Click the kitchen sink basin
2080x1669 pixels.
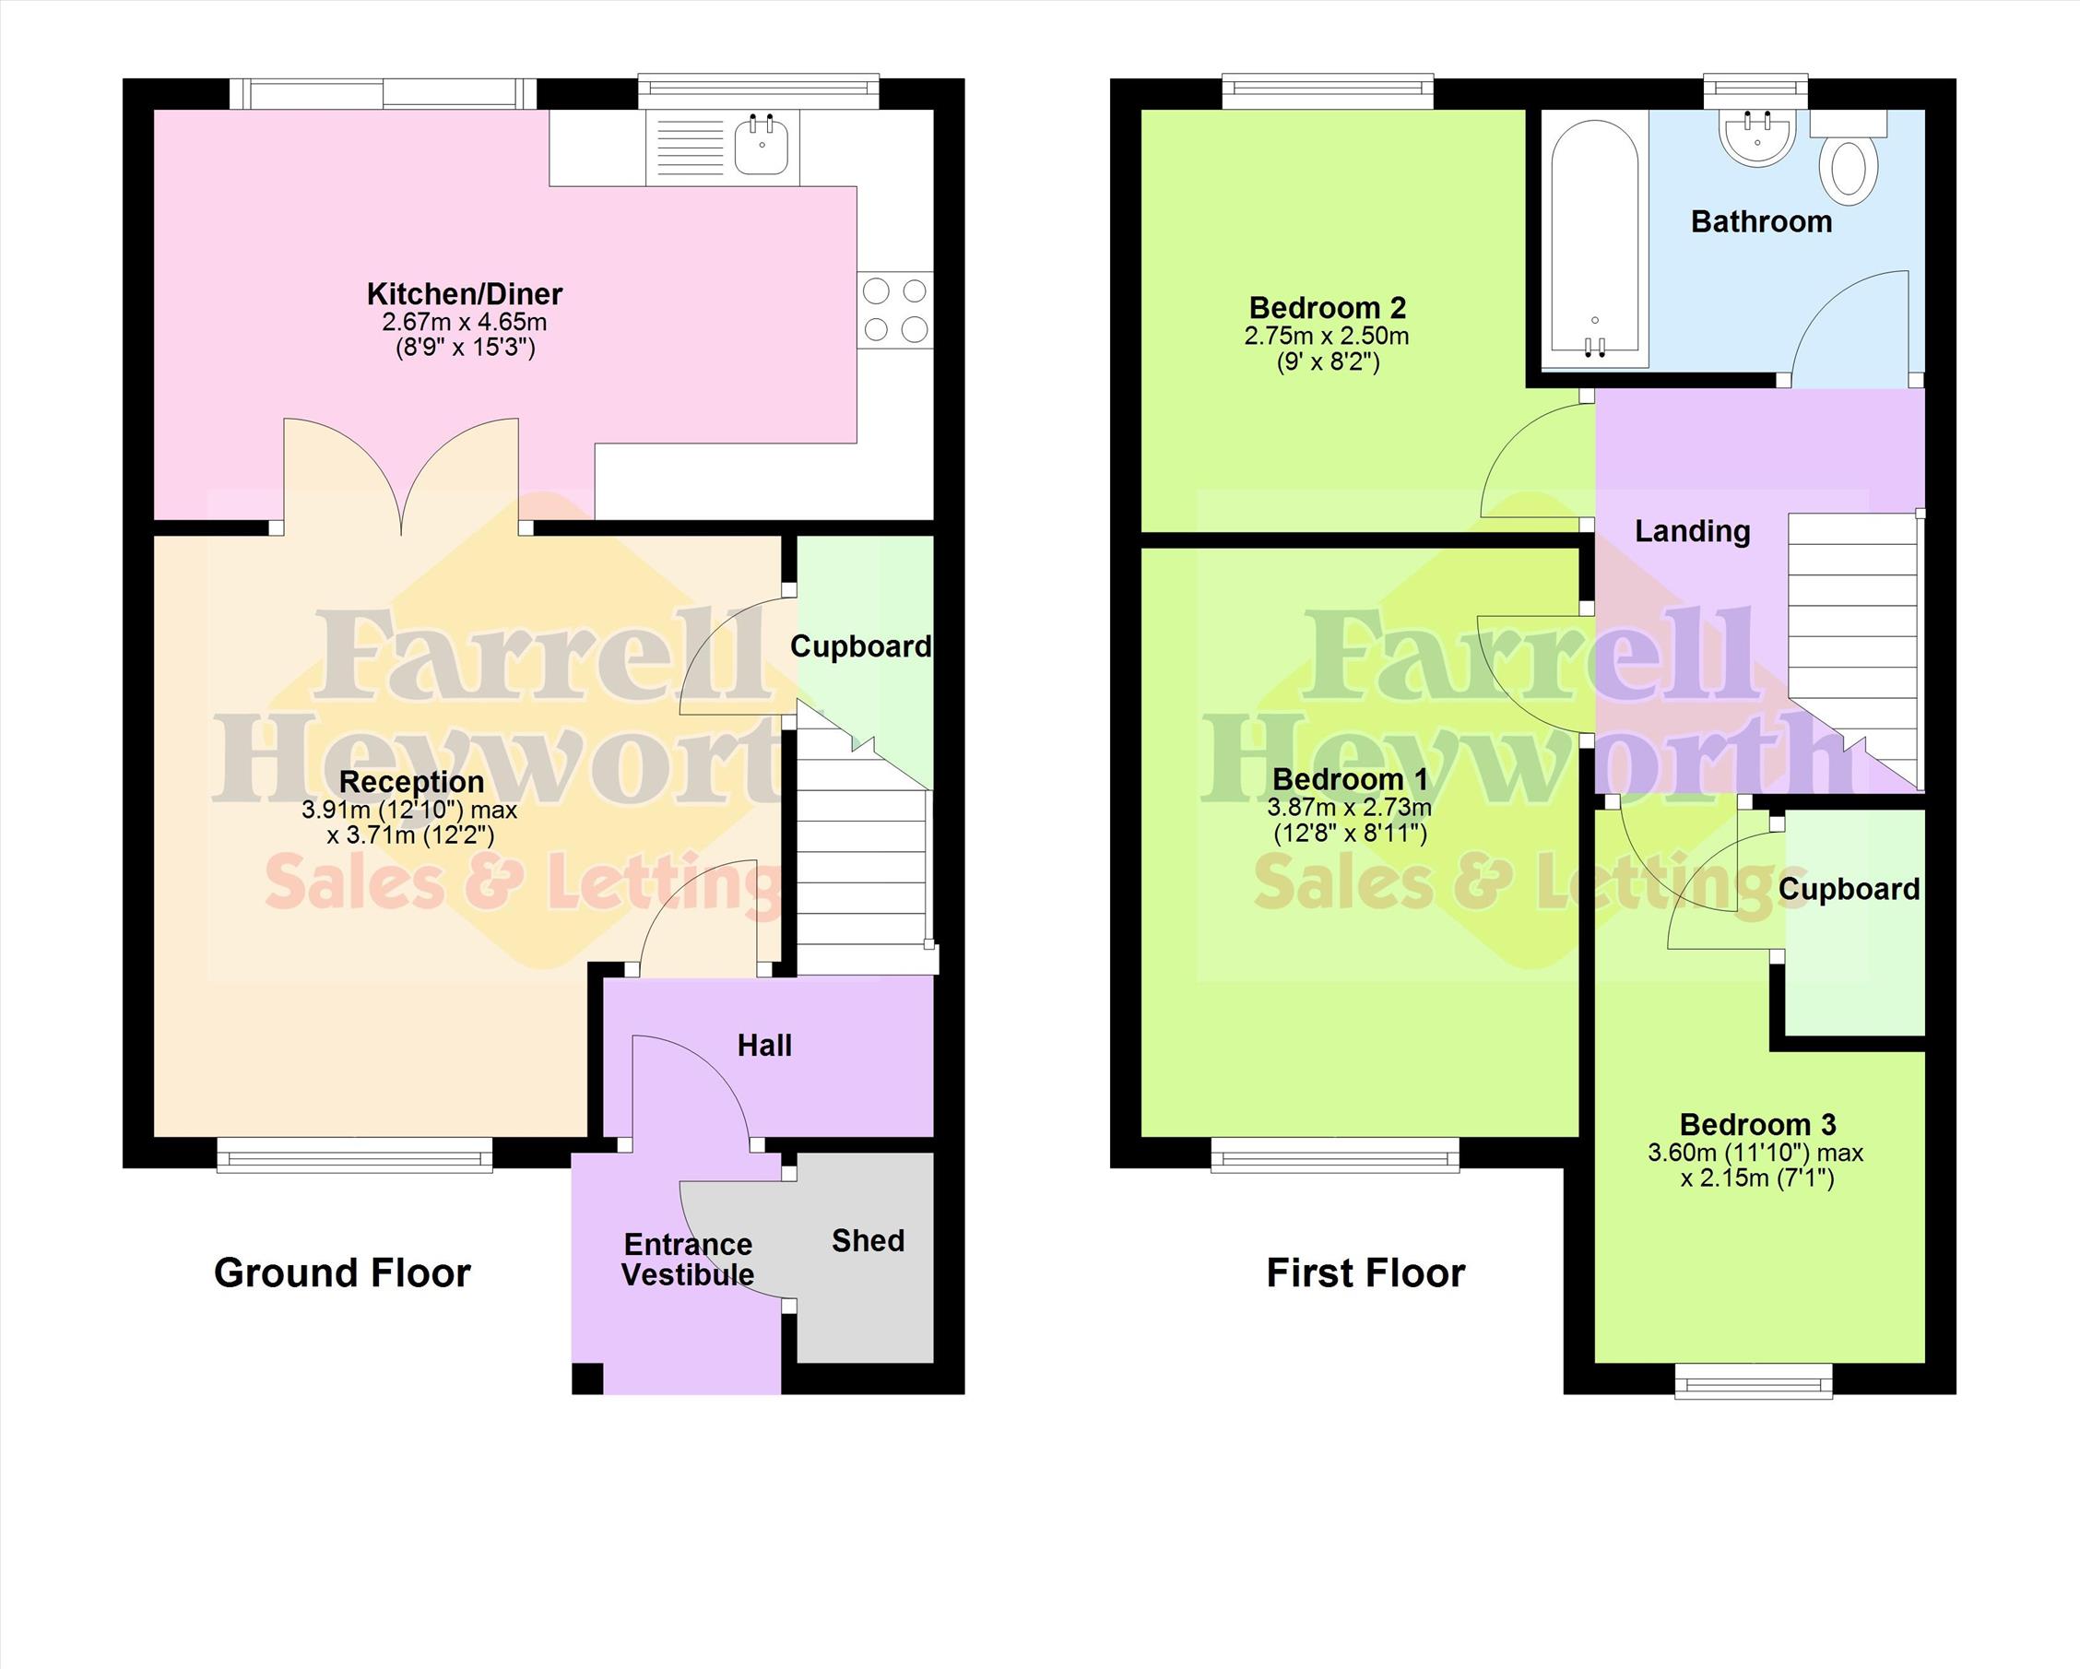tap(762, 145)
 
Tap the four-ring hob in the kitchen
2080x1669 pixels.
tap(894, 310)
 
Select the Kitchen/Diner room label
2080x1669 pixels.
tap(464, 293)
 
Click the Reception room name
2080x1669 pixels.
tap(412, 781)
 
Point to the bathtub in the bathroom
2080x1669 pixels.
tap(1595, 243)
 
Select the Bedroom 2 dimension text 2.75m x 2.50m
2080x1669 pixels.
tap(1326, 337)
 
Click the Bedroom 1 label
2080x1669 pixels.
tap(1350, 778)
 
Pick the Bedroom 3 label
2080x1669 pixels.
tap(1758, 1124)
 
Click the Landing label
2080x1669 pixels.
tap(1692, 531)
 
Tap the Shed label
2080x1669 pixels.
tap(869, 1240)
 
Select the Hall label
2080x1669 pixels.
tap(764, 1045)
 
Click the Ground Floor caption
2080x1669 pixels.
tap(342, 1273)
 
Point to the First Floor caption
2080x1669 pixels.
tap(1365, 1273)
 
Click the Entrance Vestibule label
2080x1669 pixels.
tap(688, 1259)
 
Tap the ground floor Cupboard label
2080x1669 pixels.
tap(860, 646)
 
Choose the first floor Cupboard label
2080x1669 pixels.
tap(1850, 890)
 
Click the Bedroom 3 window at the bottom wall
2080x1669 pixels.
tap(1753, 1380)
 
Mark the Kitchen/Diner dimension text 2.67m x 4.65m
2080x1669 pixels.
tap(464, 322)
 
